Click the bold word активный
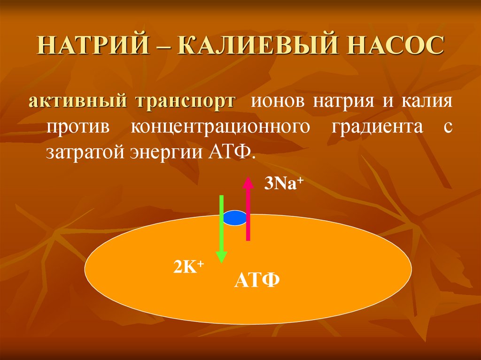[x=79, y=102]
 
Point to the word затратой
[x=82, y=153]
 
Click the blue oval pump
[x=234, y=218]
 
